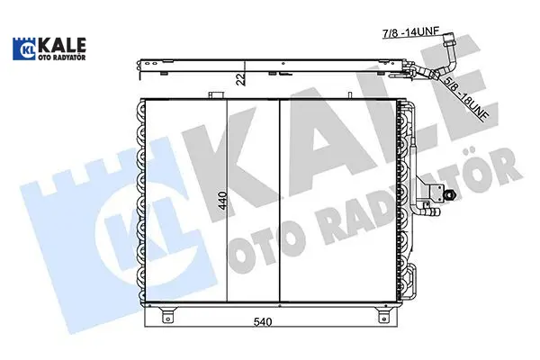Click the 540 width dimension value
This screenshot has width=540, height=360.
pos(263,322)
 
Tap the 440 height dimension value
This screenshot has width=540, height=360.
pos(222,201)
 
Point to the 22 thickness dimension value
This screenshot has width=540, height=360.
pos(241,79)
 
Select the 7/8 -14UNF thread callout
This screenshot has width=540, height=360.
pos(411,32)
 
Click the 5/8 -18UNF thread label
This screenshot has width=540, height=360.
pos(465,99)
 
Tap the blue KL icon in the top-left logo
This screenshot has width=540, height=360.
pos(24,49)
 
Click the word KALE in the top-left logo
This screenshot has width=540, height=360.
pos(62,45)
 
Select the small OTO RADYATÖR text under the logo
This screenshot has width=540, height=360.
pos(62,58)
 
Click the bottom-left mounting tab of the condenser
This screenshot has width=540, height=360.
pos(167,315)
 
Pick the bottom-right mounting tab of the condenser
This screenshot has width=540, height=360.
pos(382,315)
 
